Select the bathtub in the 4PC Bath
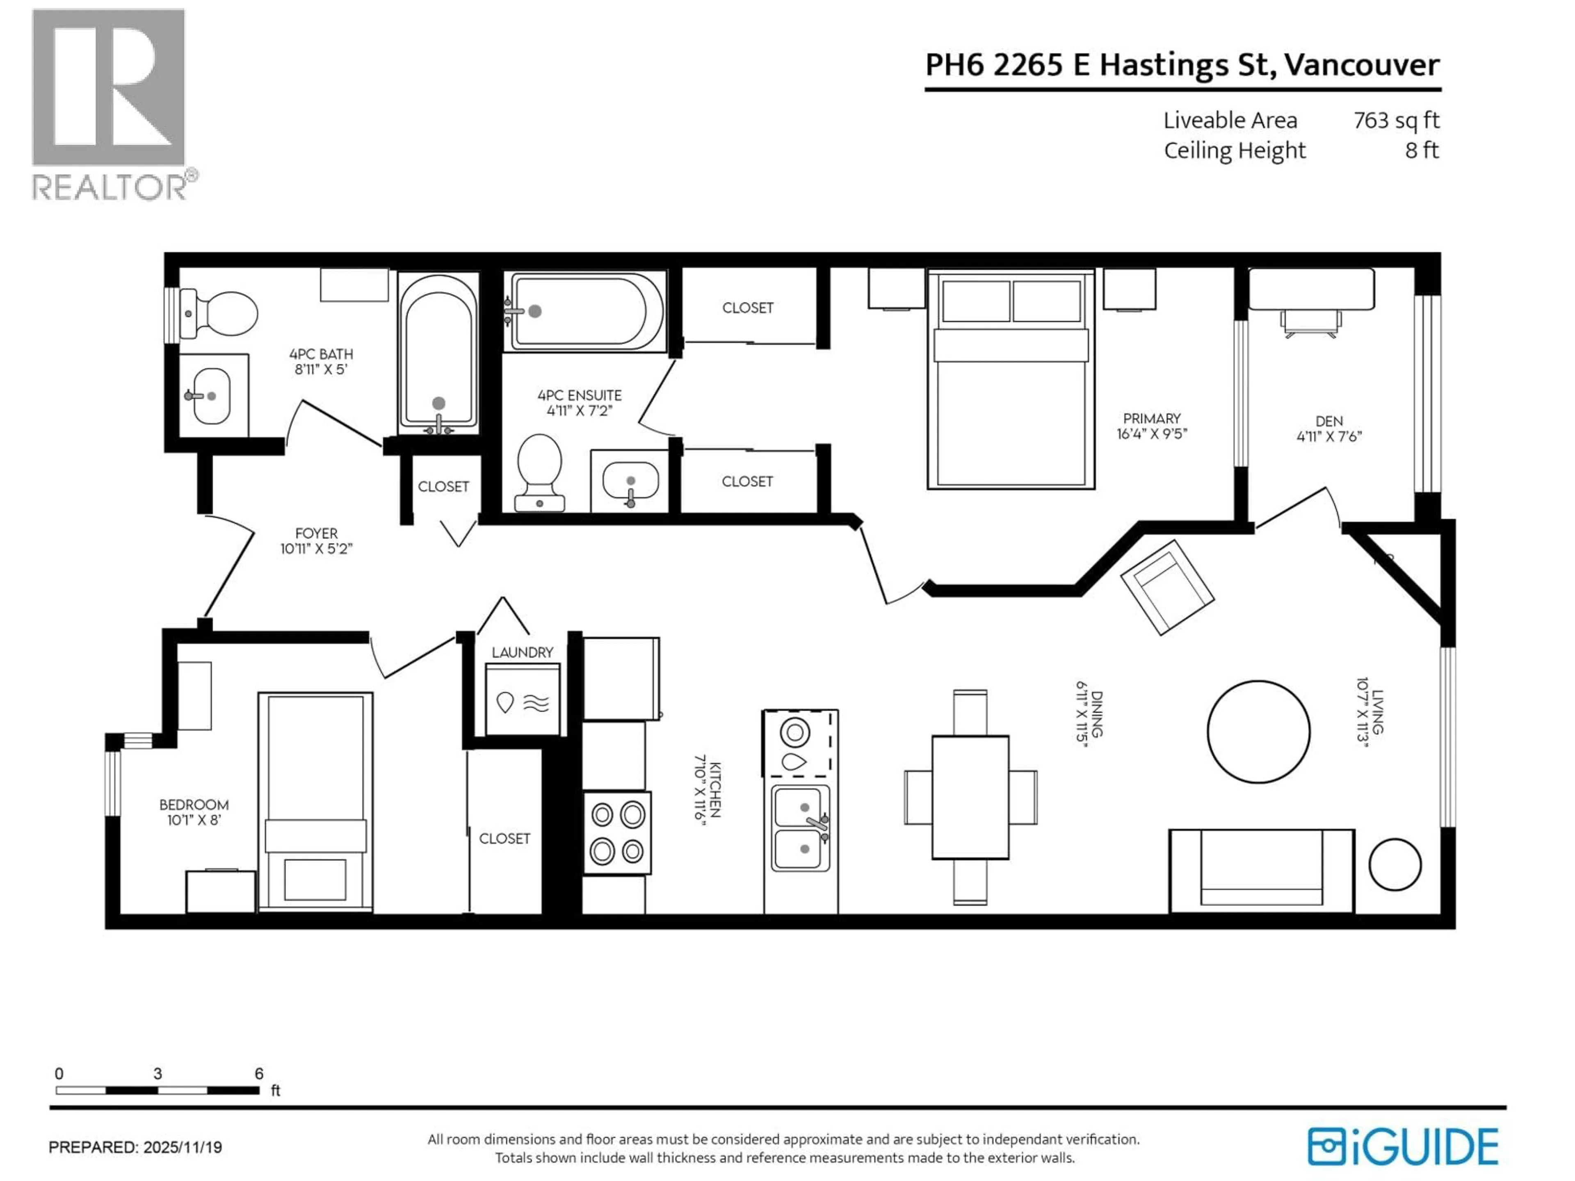[438, 354]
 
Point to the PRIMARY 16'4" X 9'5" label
[1151, 426]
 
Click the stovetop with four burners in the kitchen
[616, 832]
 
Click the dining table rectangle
[970, 797]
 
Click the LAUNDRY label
[522, 652]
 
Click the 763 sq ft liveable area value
[1396, 120]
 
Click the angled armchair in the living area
[1166, 586]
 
